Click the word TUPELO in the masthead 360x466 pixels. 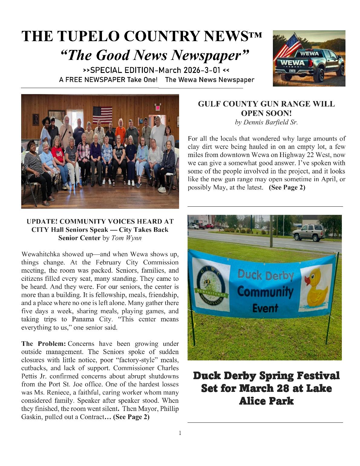pos(91,36)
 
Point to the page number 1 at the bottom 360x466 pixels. pos(180,433)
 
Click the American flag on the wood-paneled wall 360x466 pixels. pos(102,115)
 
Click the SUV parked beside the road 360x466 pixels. pos(309,232)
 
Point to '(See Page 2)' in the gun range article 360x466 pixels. pos(287,187)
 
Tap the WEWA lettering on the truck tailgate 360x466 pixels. pos(292,63)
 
